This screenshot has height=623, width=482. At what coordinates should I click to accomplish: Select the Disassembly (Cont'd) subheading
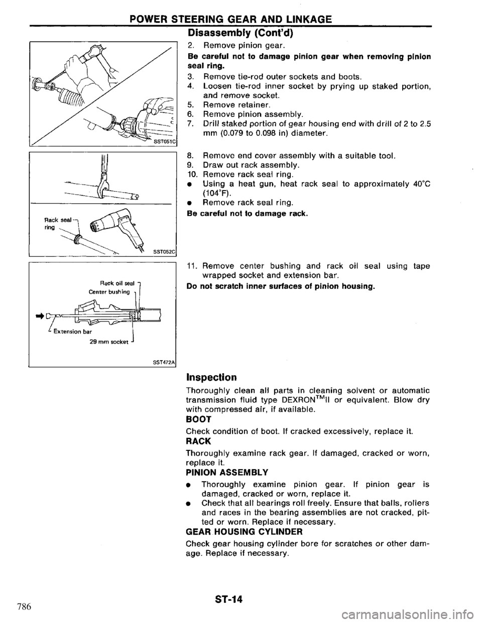241,34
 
